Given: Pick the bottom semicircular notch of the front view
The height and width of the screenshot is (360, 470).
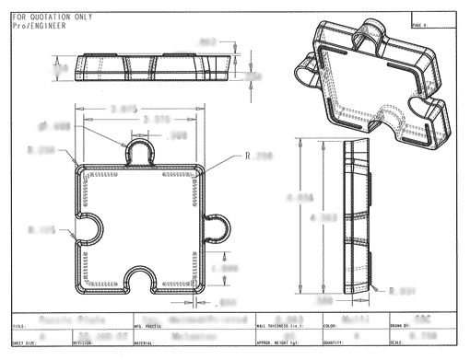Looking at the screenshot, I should [142, 285].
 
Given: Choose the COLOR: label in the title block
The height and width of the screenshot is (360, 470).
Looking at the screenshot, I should [354, 326].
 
